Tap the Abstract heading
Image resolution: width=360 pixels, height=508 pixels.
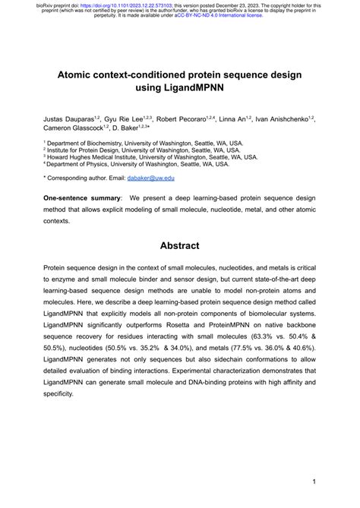click(x=180, y=245)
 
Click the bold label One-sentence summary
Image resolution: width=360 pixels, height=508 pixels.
click(x=82, y=197)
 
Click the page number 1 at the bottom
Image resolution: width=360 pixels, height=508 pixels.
click(x=313, y=481)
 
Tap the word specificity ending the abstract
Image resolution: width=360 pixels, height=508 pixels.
click(x=62, y=394)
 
